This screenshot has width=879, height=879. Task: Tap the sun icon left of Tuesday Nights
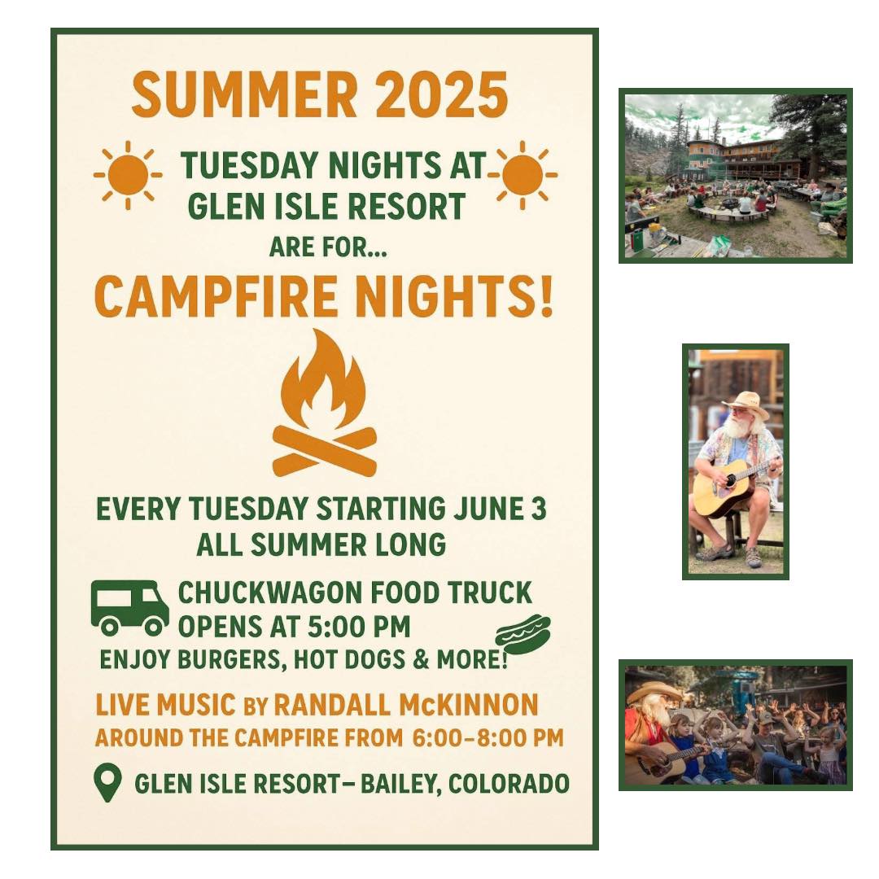click(x=128, y=175)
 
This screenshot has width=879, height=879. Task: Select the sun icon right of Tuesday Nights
click(x=523, y=175)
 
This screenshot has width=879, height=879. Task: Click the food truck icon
click(x=130, y=608)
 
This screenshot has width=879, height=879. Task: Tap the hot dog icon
click(x=523, y=634)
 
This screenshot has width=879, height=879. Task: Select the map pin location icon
click(x=107, y=783)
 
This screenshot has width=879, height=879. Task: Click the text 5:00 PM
click(x=359, y=627)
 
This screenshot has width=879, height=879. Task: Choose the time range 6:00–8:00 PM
click(x=488, y=737)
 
